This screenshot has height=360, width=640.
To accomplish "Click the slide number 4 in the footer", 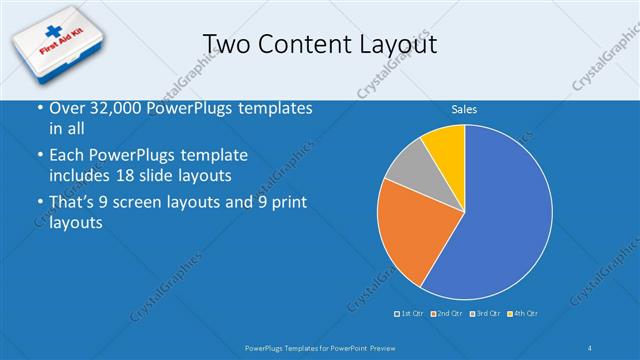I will tap(590, 346).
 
